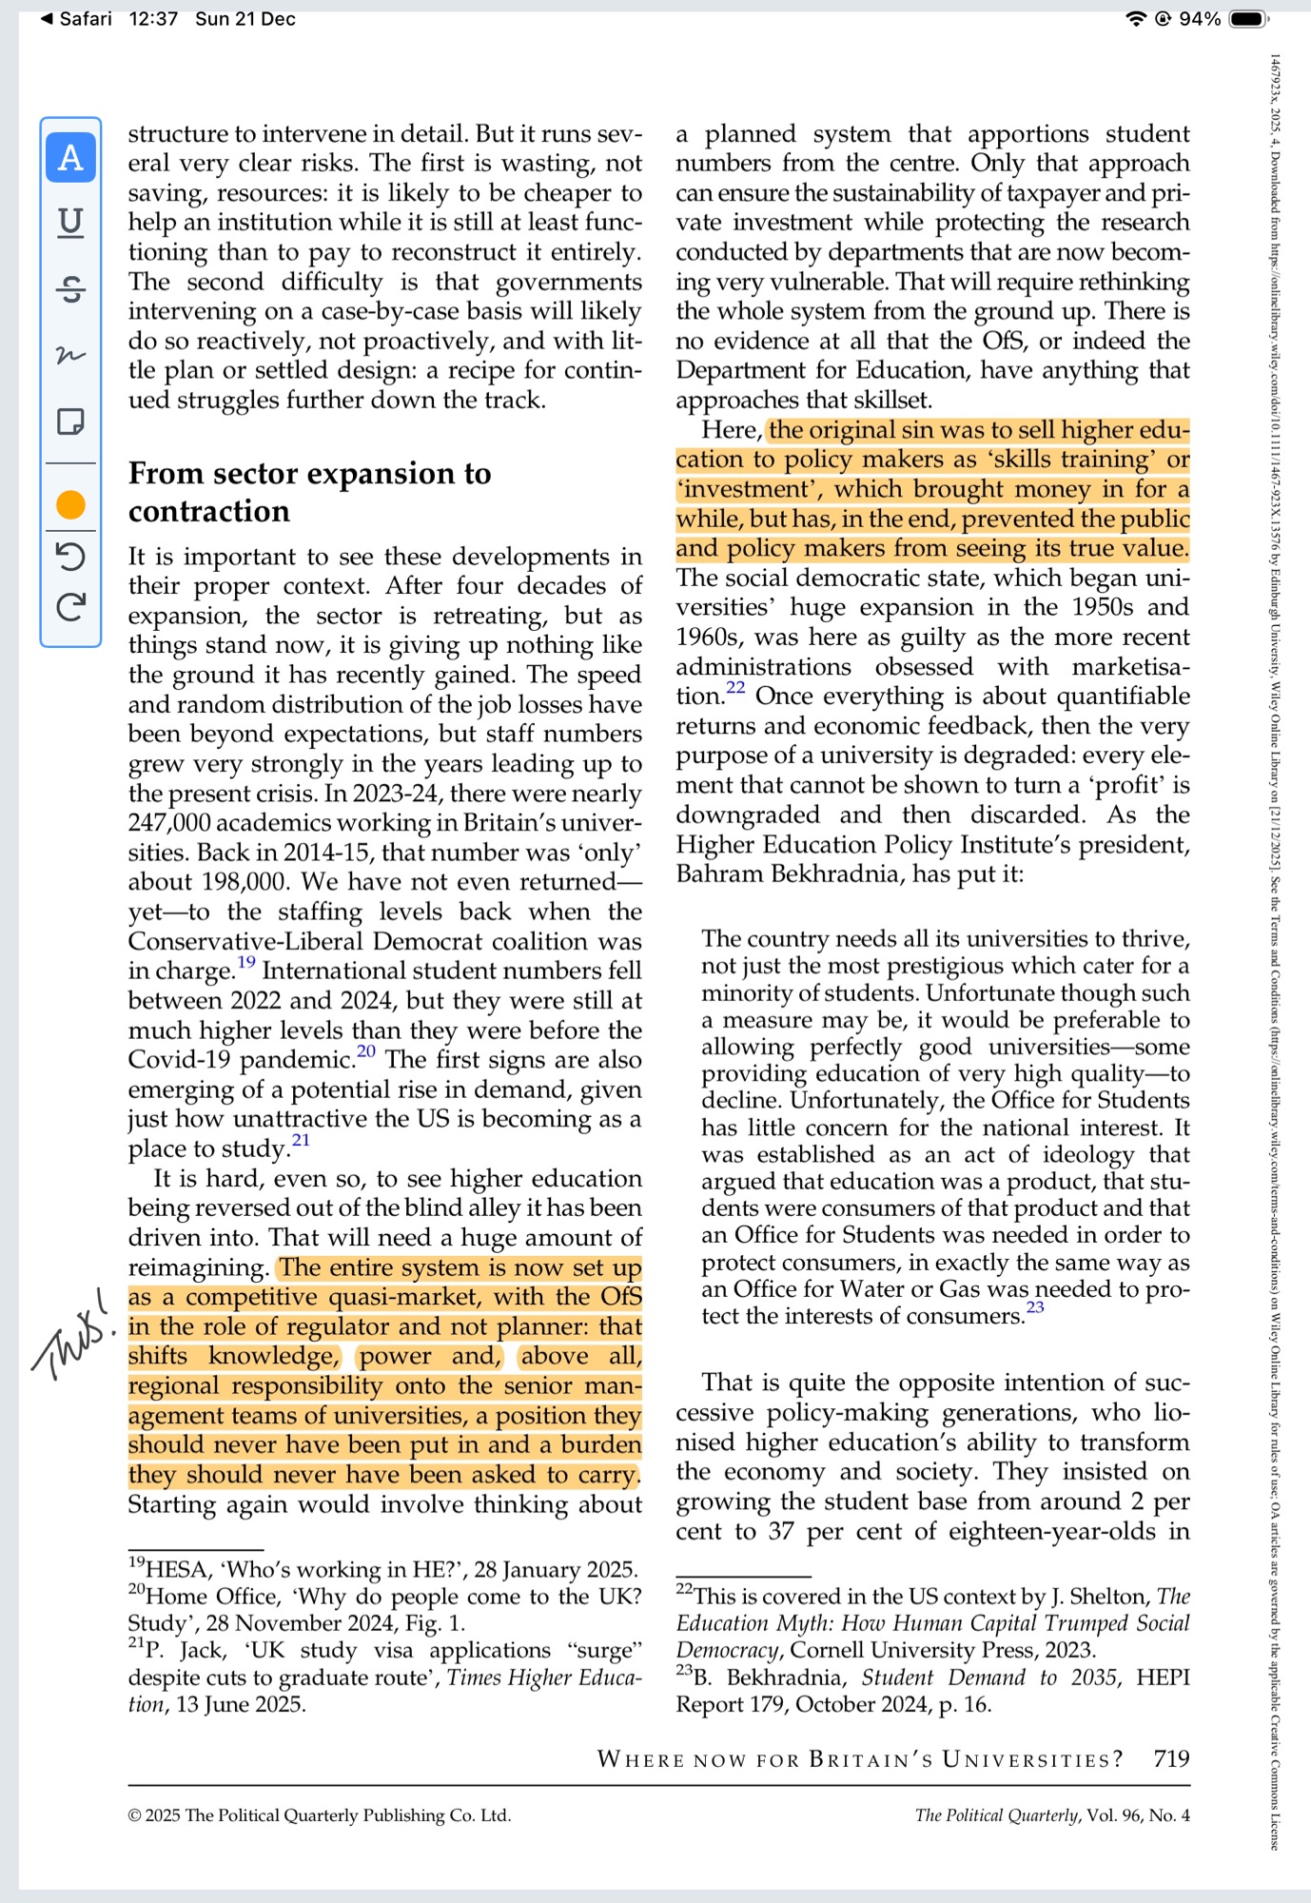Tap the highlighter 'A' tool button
[x=70, y=157]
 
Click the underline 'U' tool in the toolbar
[x=70, y=223]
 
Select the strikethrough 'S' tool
[x=70, y=288]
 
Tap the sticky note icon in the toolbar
[x=70, y=421]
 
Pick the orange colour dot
[x=70, y=504]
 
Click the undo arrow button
[x=70, y=556]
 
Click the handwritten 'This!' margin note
[x=72, y=1332]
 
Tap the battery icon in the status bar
[x=1248, y=19]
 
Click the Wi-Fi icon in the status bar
[x=1135, y=19]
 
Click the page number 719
[x=1171, y=1758]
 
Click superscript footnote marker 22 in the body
[x=735, y=688]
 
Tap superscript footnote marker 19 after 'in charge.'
[x=246, y=962]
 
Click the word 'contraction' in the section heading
[x=209, y=512]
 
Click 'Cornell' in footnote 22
[x=829, y=1650]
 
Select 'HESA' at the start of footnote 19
[x=175, y=1570]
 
